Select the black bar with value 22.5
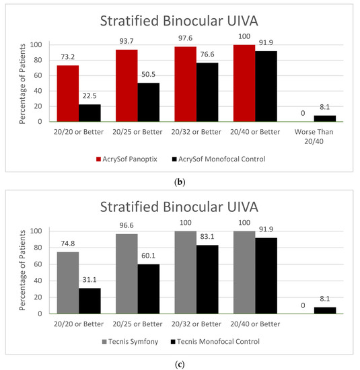point(89,113)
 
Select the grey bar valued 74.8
point(68,283)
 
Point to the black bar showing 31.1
point(89,301)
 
